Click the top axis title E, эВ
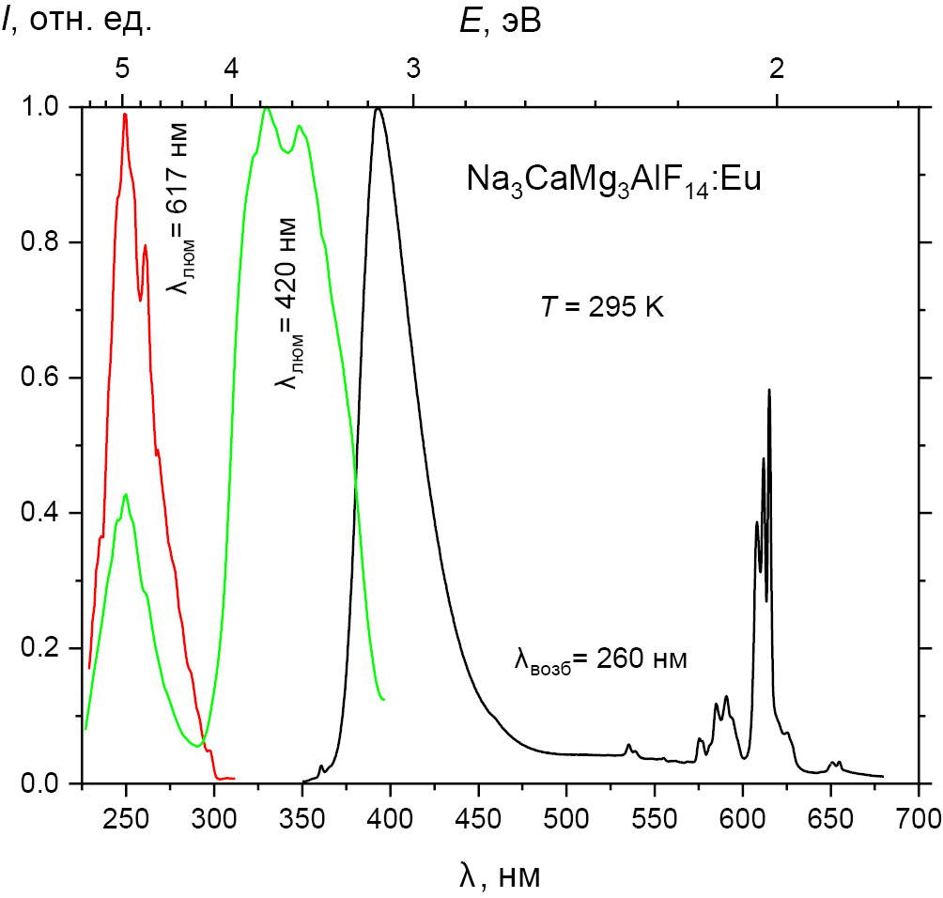(x=500, y=21)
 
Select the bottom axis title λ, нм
(x=501, y=875)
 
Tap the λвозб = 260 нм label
(x=601, y=659)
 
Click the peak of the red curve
(x=125, y=115)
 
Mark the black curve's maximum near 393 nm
(x=378, y=108)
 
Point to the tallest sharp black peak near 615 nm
(x=769, y=390)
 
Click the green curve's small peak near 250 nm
(x=125, y=493)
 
